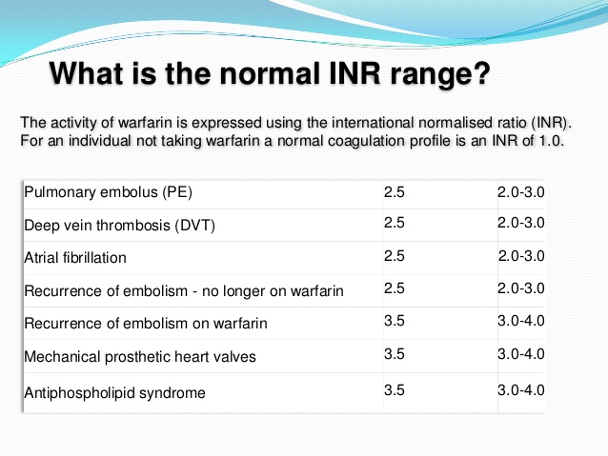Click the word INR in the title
point(355,73)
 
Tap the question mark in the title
point(481,73)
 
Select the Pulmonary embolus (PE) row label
point(109,192)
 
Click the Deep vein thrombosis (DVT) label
point(119,225)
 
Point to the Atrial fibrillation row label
point(75,258)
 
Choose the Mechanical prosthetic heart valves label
point(140,356)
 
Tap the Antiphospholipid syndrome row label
point(114,393)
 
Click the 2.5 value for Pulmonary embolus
point(395,192)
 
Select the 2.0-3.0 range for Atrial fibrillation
point(521,256)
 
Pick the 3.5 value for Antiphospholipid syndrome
point(395,390)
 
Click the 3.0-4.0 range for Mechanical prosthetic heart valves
point(521,354)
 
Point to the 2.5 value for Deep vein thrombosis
point(395,223)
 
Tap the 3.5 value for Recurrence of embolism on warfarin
point(395,321)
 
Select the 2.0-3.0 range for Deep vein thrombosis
point(521,223)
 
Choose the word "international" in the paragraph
point(360,123)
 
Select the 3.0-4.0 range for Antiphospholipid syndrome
point(521,390)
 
